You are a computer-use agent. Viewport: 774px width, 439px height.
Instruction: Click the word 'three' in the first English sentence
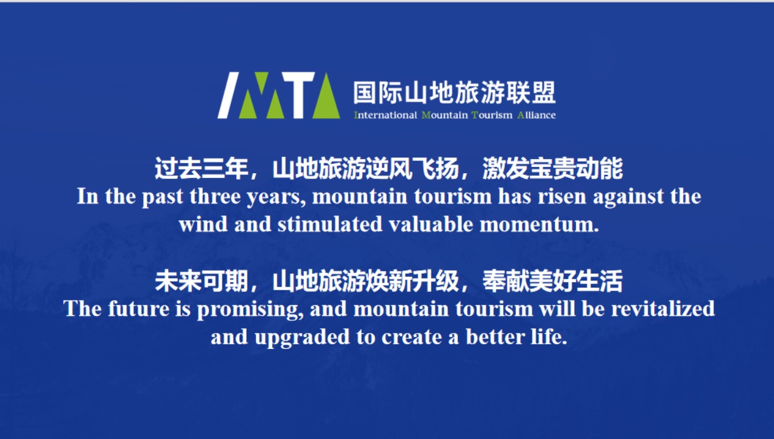pos(214,196)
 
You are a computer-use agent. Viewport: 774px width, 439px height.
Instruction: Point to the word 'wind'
pos(203,224)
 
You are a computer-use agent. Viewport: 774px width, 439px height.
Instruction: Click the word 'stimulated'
pos(329,224)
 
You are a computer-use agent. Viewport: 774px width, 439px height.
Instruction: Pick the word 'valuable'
pos(431,224)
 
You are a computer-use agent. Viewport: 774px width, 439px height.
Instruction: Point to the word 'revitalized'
pos(663,309)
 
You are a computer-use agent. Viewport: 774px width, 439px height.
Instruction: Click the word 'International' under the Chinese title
pos(385,115)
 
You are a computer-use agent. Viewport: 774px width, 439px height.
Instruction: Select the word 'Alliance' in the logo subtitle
pos(537,115)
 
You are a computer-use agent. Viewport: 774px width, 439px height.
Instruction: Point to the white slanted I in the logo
pos(228,95)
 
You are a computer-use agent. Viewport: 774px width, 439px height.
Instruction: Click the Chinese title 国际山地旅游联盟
pos(454,92)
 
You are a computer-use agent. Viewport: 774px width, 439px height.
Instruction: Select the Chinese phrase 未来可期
pos(201,281)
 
